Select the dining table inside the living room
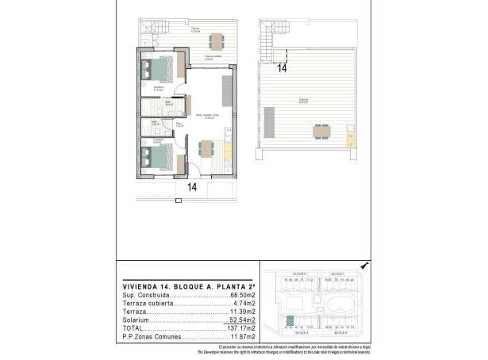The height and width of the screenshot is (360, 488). [206, 147]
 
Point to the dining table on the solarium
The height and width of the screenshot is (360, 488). [321, 130]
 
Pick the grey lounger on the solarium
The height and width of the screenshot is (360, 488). [269, 123]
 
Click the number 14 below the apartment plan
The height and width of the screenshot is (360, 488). [191, 188]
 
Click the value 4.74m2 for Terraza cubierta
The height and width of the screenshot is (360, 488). [243, 304]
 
